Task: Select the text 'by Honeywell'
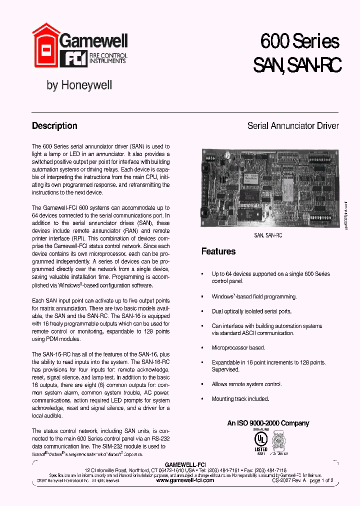coord(79,85)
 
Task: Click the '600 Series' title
coord(299,41)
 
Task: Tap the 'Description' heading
coord(54,126)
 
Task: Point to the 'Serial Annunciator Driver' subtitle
coord(293,126)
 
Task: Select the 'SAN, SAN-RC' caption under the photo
coord(268,235)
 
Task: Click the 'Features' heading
coord(218,251)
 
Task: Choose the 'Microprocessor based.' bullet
coord(238,347)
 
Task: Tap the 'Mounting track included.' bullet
coord(240,399)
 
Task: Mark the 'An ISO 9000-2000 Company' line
coord(268,423)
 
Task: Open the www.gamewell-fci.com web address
coord(185,480)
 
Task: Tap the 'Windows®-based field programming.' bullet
coord(254,297)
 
